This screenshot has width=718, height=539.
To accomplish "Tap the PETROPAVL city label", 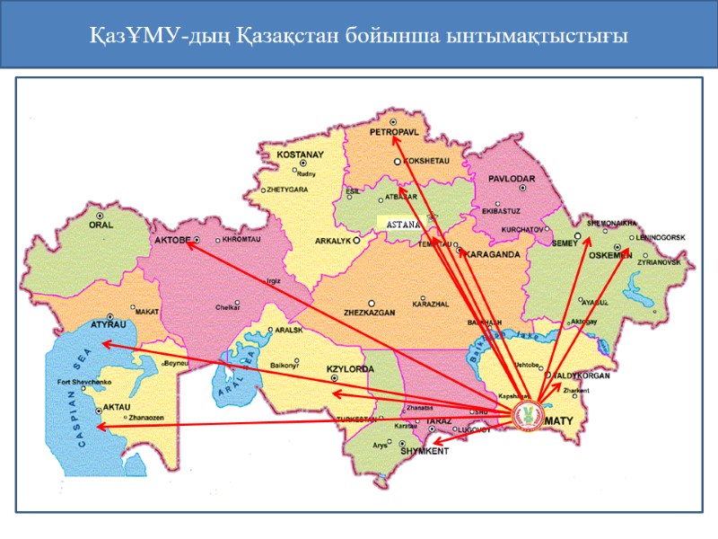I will tap(395, 131).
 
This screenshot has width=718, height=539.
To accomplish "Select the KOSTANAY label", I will tap(299, 155).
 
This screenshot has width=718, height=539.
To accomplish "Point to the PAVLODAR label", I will tap(512, 179).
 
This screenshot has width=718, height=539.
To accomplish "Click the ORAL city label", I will tap(99, 225).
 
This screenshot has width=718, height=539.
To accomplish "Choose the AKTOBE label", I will tap(173, 241).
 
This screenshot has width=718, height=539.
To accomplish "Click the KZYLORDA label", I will tap(349, 369).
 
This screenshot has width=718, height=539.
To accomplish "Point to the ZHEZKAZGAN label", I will tap(370, 314).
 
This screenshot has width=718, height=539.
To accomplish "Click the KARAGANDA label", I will tap(491, 254).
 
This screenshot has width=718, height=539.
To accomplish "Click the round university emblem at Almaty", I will tap(528, 416).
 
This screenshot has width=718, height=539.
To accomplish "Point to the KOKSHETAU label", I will tap(425, 162).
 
